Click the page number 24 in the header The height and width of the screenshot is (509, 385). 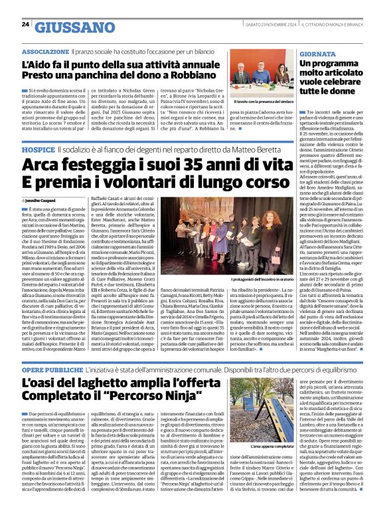(x=25, y=24)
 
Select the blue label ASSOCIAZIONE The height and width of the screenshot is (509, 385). (x=44, y=51)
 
